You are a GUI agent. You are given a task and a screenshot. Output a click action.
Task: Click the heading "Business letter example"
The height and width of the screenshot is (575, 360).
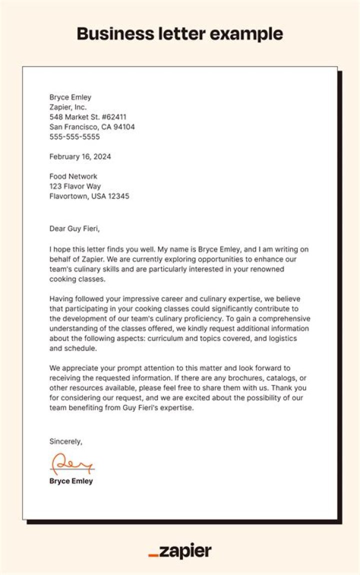(x=180, y=34)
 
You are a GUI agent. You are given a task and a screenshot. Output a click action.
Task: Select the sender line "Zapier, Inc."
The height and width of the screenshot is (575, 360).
(x=68, y=107)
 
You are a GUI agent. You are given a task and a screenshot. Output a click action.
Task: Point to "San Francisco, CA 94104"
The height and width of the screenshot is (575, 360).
(x=92, y=127)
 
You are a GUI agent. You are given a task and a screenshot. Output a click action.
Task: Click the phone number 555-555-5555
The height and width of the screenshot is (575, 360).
(x=74, y=136)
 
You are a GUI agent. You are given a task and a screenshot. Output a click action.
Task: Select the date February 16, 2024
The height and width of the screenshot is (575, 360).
(x=80, y=156)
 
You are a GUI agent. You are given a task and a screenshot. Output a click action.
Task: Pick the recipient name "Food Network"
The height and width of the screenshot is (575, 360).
(x=73, y=176)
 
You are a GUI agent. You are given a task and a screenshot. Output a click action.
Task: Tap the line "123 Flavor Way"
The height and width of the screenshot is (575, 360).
(x=75, y=186)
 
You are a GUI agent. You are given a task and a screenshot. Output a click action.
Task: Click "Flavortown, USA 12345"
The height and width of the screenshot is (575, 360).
(x=89, y=196)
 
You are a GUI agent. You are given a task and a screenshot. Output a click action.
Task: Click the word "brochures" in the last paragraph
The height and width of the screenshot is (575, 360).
(x=236, y=378)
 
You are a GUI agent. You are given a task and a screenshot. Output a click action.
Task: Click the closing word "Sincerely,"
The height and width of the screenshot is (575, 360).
(x=65, y=441)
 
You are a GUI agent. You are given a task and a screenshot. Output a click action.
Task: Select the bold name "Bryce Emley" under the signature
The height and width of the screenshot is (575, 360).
(x=71, y=481)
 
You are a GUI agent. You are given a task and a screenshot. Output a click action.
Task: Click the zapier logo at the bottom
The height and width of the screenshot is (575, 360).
(x=180, y=551)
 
